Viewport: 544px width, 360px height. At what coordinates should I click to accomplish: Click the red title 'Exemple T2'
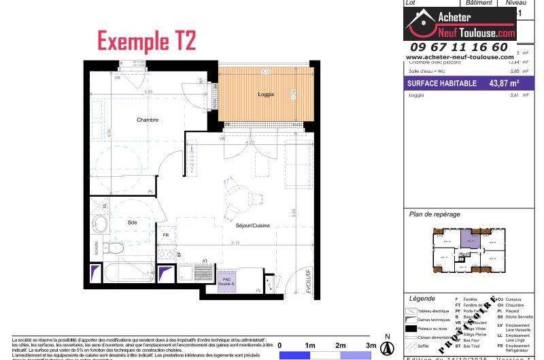pyautogui.click(x=147, y=41)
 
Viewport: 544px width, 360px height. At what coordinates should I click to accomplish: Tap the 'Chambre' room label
pyautogui.click(x=147, y=120)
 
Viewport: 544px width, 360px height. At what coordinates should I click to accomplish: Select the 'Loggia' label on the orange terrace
pyautogui.click(x=266, y=95)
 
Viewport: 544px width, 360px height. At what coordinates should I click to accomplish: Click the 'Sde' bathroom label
pyautogui.click(x=132, y=222)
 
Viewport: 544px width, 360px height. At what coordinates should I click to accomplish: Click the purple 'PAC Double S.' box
pyautogui.click(x=227, y=282)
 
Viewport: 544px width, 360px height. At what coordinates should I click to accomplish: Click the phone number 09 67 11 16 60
pyautogui.click(x=460, y=47)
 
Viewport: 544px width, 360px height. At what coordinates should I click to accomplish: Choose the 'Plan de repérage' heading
pyautogui.click(x=435, y=214)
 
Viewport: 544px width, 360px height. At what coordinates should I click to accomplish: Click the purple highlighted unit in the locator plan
pyautogui.click(x=469, y=239)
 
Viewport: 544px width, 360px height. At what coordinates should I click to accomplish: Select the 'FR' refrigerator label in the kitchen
pyautogui.click(x=165, y=235)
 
